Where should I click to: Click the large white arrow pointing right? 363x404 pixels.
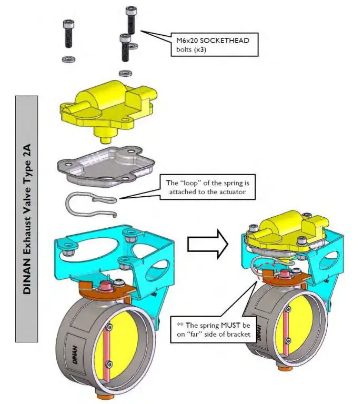coord(207,244)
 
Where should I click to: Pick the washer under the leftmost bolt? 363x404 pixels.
coord(67,57)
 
